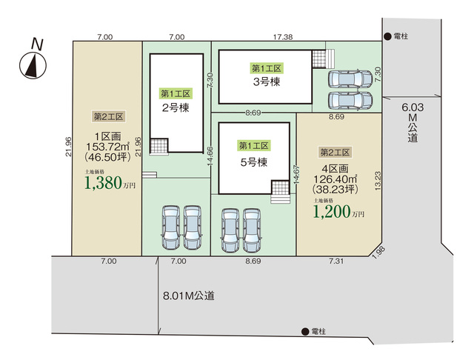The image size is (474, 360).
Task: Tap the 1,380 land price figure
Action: click(x=103, y=183)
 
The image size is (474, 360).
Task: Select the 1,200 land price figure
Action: click(x=332, y=212)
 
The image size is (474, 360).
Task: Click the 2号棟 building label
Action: click(x=176, y=108)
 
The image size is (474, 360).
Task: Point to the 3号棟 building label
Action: click(x=267, y=81)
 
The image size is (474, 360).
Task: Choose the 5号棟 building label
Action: click(x=254, y=162)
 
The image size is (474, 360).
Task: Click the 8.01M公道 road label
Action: click(x=189, y=296)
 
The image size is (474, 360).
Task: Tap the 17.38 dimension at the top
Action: click(x=283, y=37)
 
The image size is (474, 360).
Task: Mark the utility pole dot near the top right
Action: click(x=387, y=36)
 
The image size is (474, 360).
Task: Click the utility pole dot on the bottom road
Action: click(x=305, y=332)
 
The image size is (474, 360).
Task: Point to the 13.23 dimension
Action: click(x=378, y=181)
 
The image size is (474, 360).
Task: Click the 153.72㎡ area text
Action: click(x=107, y=147)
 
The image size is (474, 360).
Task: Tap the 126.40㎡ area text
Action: click(x=336, y=179)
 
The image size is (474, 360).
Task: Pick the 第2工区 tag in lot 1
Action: click(x=109, y=116)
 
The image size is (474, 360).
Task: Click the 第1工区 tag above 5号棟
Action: click(x=253, y=146)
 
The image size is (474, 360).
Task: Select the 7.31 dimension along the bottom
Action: click(x=336, y=261)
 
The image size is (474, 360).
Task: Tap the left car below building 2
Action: click(x=171, y=227)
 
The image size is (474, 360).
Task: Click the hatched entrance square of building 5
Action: click(x=280, y=188)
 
